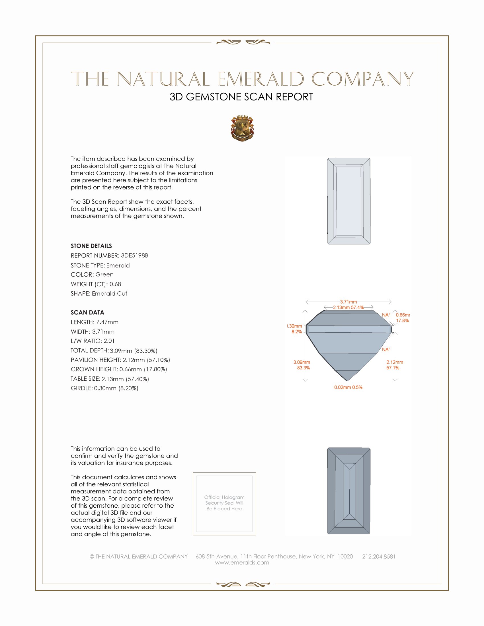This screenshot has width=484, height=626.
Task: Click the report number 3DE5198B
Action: click(x=134, y=256)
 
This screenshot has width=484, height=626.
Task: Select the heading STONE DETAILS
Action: click(x=91, y=246)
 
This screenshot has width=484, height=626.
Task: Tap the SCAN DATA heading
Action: click(x=87, y=312)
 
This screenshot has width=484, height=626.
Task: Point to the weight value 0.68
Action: click(x=115, y=284)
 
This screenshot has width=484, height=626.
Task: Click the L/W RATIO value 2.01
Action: click(x=109, y=341)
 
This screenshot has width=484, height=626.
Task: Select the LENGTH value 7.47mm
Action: click(x=107, y=322)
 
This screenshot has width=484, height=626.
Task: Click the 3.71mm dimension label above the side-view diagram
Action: click(x=348, y=302)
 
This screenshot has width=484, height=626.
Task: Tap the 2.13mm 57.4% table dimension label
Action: click(x=348, y=307)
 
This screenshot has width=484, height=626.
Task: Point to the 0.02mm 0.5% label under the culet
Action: click(x=348, y=387)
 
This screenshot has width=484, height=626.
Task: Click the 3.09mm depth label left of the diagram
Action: click(x=302, y=362)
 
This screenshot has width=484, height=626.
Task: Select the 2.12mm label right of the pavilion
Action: click(x=395, y=362)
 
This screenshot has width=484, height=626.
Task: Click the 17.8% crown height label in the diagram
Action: click(x=402, y=320)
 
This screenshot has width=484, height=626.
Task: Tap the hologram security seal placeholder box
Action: click(x=224, y=504)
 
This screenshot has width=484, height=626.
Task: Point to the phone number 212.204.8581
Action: click(x=379, y=556)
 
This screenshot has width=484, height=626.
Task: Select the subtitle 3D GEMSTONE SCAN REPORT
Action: click(x=241, y=97)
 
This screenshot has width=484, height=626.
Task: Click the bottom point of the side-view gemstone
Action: click(x=347, y=381)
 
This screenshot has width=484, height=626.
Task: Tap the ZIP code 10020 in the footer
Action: click(x=345, y=556)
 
